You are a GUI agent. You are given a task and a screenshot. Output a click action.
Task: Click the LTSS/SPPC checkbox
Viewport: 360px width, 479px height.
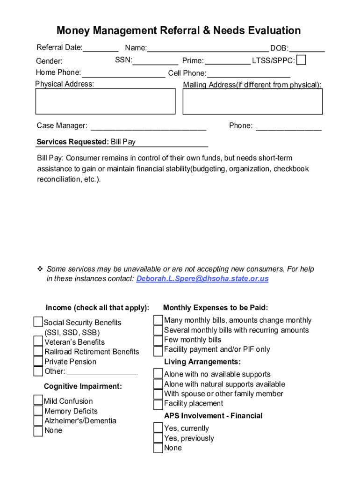click(x=302, y=60)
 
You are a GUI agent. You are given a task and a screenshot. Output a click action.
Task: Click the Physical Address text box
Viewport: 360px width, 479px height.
click(x=105, y=102)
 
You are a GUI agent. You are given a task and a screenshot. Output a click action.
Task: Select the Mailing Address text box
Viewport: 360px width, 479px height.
click(x=252, y=102)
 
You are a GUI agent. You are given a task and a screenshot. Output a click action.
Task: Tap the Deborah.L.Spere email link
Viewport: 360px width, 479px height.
click(x=202, y=279)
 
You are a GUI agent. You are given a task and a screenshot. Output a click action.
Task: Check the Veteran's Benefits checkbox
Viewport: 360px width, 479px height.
click(x=38, y=341)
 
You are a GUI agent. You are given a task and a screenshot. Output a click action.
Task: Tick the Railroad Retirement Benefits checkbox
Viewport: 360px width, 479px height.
click(x=38, y=351)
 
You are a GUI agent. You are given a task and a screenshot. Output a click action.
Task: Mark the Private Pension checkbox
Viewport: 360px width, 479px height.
click(x=38, y=361)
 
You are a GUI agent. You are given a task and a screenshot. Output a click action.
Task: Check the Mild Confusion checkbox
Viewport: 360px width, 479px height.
click(x=38, y=400)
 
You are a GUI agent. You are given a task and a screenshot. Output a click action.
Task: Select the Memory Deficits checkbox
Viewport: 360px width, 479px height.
click(x=38, y=411)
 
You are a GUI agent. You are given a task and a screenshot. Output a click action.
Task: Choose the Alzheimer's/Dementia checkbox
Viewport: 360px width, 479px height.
click(x=38, y=421)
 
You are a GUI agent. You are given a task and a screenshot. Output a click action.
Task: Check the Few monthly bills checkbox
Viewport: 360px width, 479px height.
click(x=158, y=340)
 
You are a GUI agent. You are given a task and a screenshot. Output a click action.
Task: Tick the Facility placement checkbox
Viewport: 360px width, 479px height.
click(x=158, y=404)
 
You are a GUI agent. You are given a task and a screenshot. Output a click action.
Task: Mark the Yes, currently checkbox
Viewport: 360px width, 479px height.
click(x=158, y=428)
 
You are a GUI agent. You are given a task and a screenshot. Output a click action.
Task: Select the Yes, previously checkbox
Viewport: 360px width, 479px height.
click(x=158, y=438)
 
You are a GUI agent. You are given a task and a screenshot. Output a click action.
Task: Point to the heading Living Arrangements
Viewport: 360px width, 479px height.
click(x=202, y=362)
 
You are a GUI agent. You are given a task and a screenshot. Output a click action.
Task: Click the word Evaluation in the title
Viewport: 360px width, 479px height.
click(x=268, y=31)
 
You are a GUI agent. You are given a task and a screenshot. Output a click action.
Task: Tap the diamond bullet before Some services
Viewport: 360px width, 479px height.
click(x=40, y=269)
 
